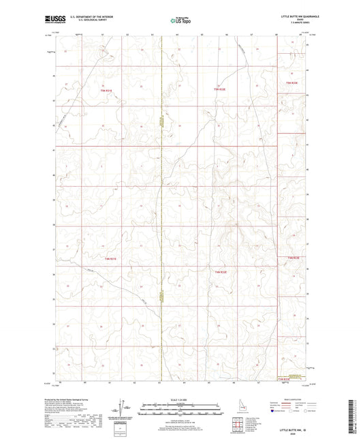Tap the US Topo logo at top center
[x=180, y=20]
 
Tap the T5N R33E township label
[x=292, y=82]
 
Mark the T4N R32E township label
[x=220, y=272]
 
